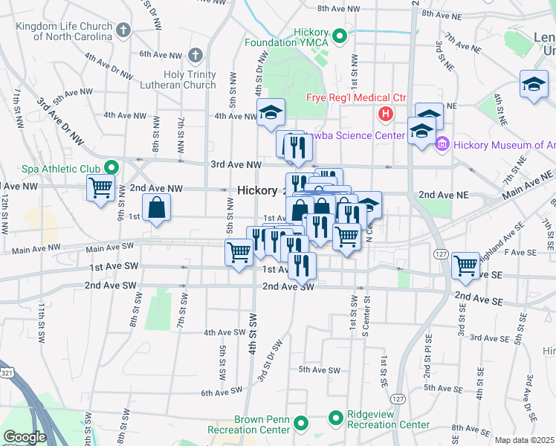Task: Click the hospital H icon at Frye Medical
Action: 385,114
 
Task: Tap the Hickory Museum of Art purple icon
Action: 442,144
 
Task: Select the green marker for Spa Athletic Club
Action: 111,167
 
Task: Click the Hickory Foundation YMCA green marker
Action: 339,35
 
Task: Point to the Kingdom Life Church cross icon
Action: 123,30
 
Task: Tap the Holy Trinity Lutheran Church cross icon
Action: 195,54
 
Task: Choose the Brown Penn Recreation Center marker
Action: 301,424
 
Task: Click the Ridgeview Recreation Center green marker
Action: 336,418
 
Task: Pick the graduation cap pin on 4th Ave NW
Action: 271,113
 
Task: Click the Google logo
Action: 25,437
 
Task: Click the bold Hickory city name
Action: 257,190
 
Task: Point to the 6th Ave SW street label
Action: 222,392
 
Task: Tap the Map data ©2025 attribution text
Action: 524,440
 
